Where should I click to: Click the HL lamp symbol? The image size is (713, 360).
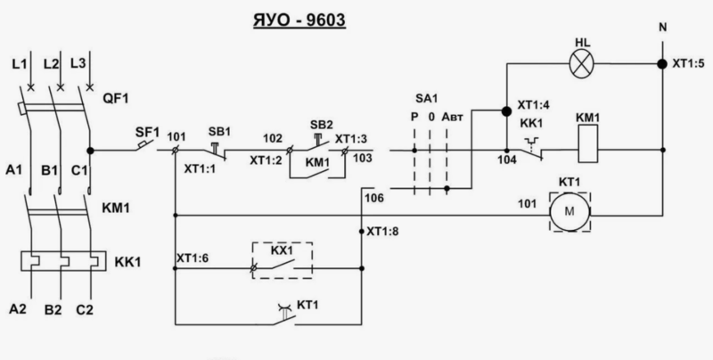pos(583,64)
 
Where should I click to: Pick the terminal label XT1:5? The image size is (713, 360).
pos(688,63)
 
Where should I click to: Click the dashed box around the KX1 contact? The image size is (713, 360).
pos(283,259)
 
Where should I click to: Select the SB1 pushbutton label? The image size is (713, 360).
pos(219,129)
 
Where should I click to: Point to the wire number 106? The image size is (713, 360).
pos(374,196)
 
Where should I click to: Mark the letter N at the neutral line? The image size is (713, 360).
pos(661,28)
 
